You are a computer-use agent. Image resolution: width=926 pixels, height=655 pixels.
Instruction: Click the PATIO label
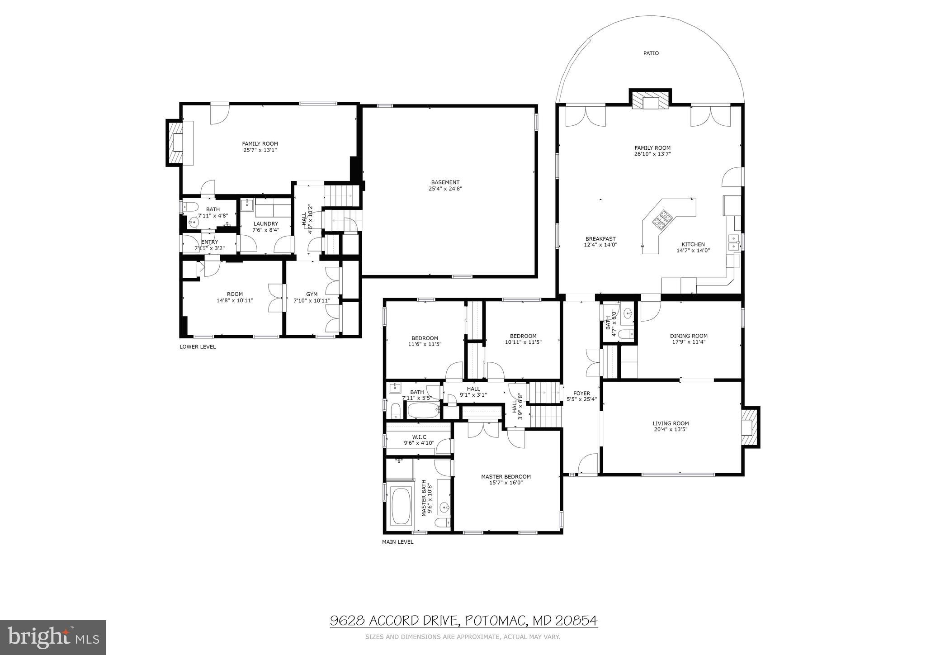coord(651,53)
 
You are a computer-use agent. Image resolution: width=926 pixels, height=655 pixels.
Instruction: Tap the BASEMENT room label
coord(445,182)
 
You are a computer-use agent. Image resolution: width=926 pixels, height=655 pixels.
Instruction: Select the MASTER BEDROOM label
coord(506,476)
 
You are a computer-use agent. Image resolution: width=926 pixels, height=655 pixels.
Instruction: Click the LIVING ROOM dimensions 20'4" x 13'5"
coord(670,430)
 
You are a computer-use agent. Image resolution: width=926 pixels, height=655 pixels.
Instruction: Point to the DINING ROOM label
coord(688,336)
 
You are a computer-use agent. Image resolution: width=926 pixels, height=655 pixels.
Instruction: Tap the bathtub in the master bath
coord(401,506)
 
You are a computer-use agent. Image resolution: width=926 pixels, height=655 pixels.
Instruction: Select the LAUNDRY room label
coord(265,223)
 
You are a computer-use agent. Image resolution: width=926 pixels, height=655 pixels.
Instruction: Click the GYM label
coord(312,294)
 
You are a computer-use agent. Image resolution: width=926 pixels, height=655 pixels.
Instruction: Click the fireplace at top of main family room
coord(650,101)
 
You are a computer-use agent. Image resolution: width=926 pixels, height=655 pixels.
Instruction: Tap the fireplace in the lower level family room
coord(176,142)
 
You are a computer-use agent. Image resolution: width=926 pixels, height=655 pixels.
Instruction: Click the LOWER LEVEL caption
coord(198,347)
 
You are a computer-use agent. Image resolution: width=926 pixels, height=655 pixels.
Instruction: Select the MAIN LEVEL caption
coord(397,541)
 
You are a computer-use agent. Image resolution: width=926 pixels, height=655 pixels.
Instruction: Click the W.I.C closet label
coord(419,437)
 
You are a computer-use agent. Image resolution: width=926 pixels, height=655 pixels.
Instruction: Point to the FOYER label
coord(581,393)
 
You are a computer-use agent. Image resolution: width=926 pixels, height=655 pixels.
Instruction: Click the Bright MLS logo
coord(53,638)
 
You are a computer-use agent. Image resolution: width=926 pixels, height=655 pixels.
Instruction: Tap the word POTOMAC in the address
coord(495,621)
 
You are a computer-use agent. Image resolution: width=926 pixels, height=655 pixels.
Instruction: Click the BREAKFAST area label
coord(600,239)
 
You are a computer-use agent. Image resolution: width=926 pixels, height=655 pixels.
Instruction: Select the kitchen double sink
coord(733,242)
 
